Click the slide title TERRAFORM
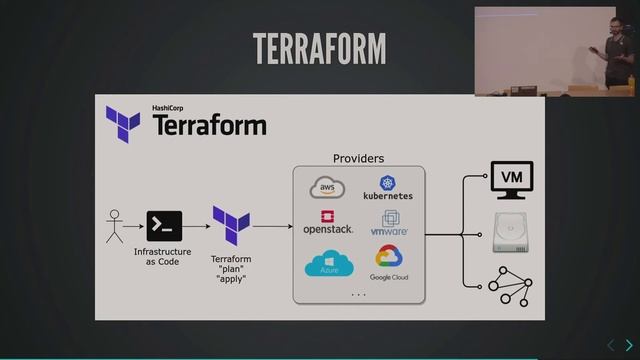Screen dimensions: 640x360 pos(320,49)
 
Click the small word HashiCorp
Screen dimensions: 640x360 pos(167,108)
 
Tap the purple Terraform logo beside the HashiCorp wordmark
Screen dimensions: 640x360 pos(123,124)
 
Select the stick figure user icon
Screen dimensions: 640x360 pos(114,227)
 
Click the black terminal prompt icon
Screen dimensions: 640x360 pos(164,226)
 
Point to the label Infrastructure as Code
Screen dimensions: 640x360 pos(162,257)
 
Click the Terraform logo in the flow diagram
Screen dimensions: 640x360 pos(231,226)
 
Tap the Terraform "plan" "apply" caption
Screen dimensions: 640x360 pos(231,269)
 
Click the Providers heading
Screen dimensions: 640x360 pos(358,158)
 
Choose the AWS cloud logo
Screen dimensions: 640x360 pos(327,187)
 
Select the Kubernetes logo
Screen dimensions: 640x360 pos(388,188)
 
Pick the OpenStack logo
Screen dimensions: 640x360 pos(328,222)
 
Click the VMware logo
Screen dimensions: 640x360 pos(389,222)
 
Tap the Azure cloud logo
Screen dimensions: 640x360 pos(329,263)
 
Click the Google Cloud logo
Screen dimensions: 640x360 pos(389,263)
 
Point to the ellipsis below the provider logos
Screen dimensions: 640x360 pos(359,294)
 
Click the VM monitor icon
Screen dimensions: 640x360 pos(512,180)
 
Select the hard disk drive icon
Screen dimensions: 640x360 pos(511,232)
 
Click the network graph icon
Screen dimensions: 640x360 pos(511,287)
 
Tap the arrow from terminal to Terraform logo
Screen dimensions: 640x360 pos(196,226)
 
